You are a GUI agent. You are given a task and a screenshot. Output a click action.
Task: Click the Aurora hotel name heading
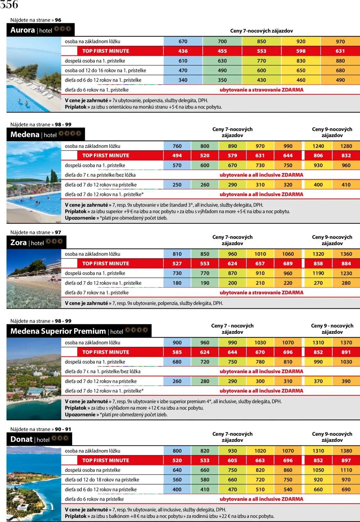click(22, 30)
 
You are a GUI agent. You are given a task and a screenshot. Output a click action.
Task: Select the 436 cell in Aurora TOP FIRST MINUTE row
click(183, 51)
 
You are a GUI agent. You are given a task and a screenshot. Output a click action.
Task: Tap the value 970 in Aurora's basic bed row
click(340, 41)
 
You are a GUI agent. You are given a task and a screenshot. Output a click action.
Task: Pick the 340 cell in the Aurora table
click(183, 80)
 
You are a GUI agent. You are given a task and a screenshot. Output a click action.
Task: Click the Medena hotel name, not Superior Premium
click(25, 134)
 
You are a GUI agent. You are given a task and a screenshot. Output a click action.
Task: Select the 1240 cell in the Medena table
click(318, 146)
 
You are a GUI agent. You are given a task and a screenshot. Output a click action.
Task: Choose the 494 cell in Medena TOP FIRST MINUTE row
click(177, 155)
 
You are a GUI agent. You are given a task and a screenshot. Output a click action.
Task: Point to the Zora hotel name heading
click(19, 242)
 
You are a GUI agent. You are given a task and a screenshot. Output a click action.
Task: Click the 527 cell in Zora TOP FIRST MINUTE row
click(177, 263)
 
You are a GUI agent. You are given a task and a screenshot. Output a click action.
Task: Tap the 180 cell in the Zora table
click(177, 283)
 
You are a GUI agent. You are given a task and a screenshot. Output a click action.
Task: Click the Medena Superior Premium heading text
click(58, 331)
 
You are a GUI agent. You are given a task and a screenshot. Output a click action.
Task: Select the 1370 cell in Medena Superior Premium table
click(346, 342)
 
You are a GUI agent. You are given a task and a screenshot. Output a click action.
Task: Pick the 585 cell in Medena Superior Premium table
click(177, 352)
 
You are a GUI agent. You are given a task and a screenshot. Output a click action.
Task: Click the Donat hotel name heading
click(21, 439)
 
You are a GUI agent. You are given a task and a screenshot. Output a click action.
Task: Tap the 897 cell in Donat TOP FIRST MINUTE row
click(346, 460)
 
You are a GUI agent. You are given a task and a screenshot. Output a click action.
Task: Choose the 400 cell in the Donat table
click(177, 489)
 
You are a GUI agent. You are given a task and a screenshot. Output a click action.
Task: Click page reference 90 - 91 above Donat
click(63, 429)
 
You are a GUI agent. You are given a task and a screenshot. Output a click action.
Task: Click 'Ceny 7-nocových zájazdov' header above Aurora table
click(261, 31)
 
